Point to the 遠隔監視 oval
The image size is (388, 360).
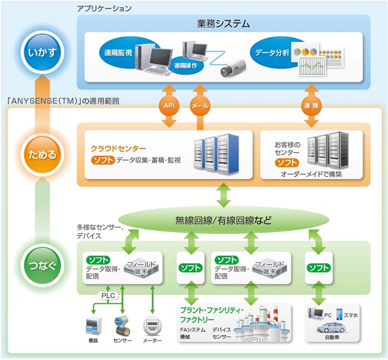coord(120,54)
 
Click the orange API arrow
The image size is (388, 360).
coord(171,106)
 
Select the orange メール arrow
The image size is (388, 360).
coord(200,106)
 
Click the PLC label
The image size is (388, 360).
coord(107,295)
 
